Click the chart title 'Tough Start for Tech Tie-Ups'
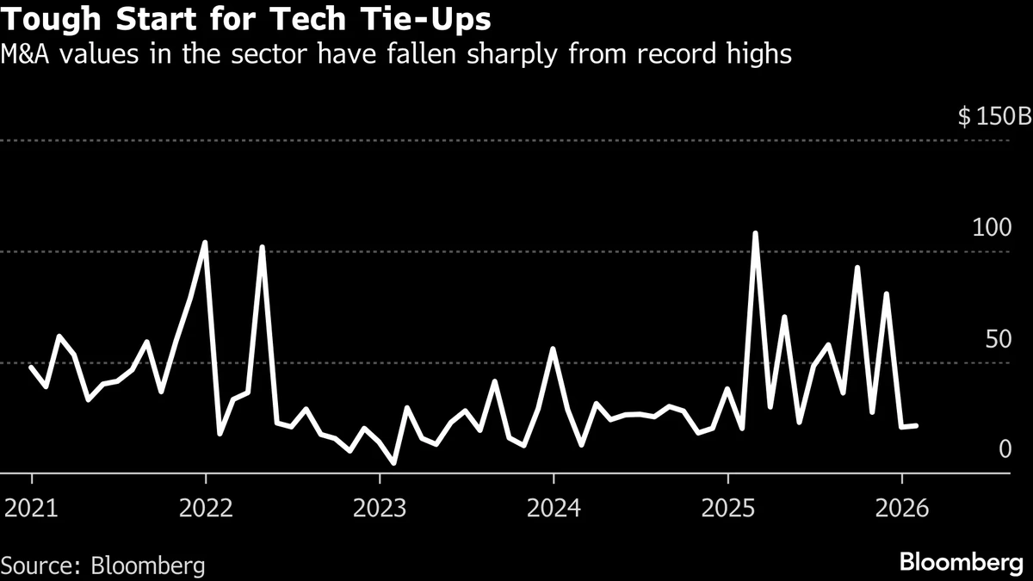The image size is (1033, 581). point(251,19)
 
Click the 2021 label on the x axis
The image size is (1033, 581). point(32,508)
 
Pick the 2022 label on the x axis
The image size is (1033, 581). point(206,508)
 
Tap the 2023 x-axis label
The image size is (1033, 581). point(380,508)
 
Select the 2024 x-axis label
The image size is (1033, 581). point(554,508)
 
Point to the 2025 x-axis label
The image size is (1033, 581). point(727,508)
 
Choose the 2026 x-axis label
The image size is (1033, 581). point(901,508)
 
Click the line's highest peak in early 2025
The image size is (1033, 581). point(755,233)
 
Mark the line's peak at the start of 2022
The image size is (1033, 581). point(205,243)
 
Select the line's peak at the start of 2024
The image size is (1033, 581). point(553,349)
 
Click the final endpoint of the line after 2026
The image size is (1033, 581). point(916,425)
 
